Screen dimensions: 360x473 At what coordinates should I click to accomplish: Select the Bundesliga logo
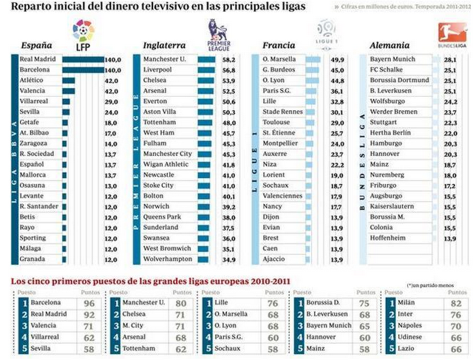coord(446,34)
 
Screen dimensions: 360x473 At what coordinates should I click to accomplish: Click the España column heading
coord(36,45)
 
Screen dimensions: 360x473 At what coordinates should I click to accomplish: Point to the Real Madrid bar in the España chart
coord(83,59)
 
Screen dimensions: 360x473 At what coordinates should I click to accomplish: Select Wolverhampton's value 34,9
coord(228,259)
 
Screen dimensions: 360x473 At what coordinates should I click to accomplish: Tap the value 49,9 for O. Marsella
coord(336,59)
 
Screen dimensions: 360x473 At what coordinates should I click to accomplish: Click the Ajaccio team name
coord(275,259)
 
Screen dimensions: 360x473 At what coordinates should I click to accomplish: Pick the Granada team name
coord(33,259)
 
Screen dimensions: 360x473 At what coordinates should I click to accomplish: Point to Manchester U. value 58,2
coord(228,59)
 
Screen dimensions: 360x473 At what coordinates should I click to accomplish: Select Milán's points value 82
coord(455,302)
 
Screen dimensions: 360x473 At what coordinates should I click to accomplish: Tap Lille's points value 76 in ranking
coord(273,302)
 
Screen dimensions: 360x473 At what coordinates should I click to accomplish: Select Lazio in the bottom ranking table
coord(407,347)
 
